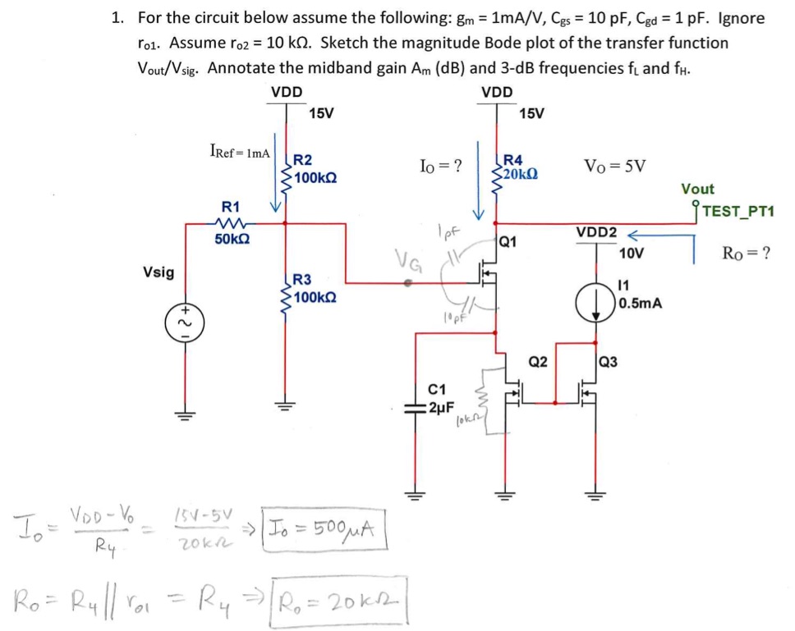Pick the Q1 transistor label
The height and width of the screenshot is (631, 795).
(508, 241)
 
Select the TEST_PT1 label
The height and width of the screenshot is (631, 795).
(739, 212)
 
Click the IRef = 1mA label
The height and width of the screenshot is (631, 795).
(240, 152)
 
